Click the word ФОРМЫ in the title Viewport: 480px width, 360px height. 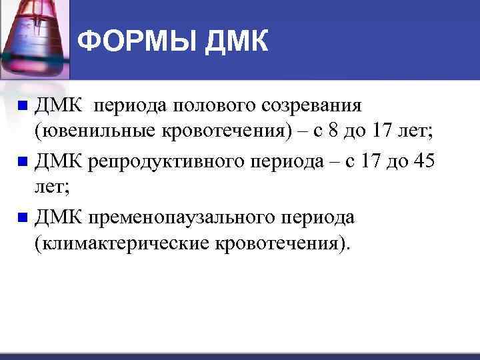click(x=137, y=42)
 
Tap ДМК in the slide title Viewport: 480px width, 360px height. click(x=237, y=42)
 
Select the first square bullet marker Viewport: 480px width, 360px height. click(x=23, y=105)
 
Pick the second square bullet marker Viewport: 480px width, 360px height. click(x=23, y=161)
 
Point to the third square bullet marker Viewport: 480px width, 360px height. click(x=23, y=217)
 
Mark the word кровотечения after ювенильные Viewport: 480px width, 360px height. click(x=223, y=133)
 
